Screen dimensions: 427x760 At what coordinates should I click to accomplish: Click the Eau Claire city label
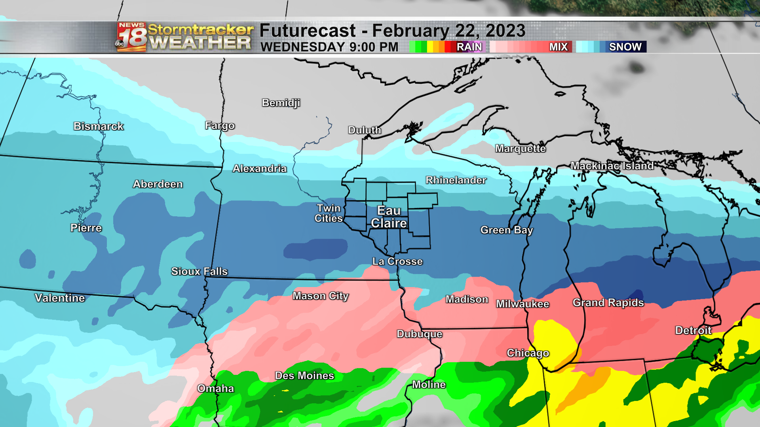coord(389,217)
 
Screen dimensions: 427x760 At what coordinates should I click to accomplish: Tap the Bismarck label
coord(99,127)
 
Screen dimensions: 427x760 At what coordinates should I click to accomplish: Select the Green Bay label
coord(507,230)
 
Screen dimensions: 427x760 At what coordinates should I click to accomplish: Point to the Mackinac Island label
coord(612,166)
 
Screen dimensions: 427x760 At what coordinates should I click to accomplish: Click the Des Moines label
coord(304,376)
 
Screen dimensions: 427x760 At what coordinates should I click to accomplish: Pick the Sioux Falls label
coord(199,271)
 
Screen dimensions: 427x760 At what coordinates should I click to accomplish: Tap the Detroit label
coord(693,331)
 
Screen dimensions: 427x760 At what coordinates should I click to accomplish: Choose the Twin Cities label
coord(329,213)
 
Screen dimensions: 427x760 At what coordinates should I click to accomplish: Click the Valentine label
coord(60,298)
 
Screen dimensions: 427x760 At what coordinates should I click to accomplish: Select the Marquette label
coord(520,149)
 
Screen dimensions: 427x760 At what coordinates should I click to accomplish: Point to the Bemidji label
coord(281,103)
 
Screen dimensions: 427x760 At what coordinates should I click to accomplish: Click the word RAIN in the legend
coord(469,47)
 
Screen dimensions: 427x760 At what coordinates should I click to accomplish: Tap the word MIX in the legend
coord(558,47)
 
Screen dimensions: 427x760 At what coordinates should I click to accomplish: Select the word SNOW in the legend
coord(625,47)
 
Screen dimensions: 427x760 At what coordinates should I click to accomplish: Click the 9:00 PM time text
coord(374,47)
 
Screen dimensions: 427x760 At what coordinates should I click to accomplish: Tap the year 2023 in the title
coord(505,31)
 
